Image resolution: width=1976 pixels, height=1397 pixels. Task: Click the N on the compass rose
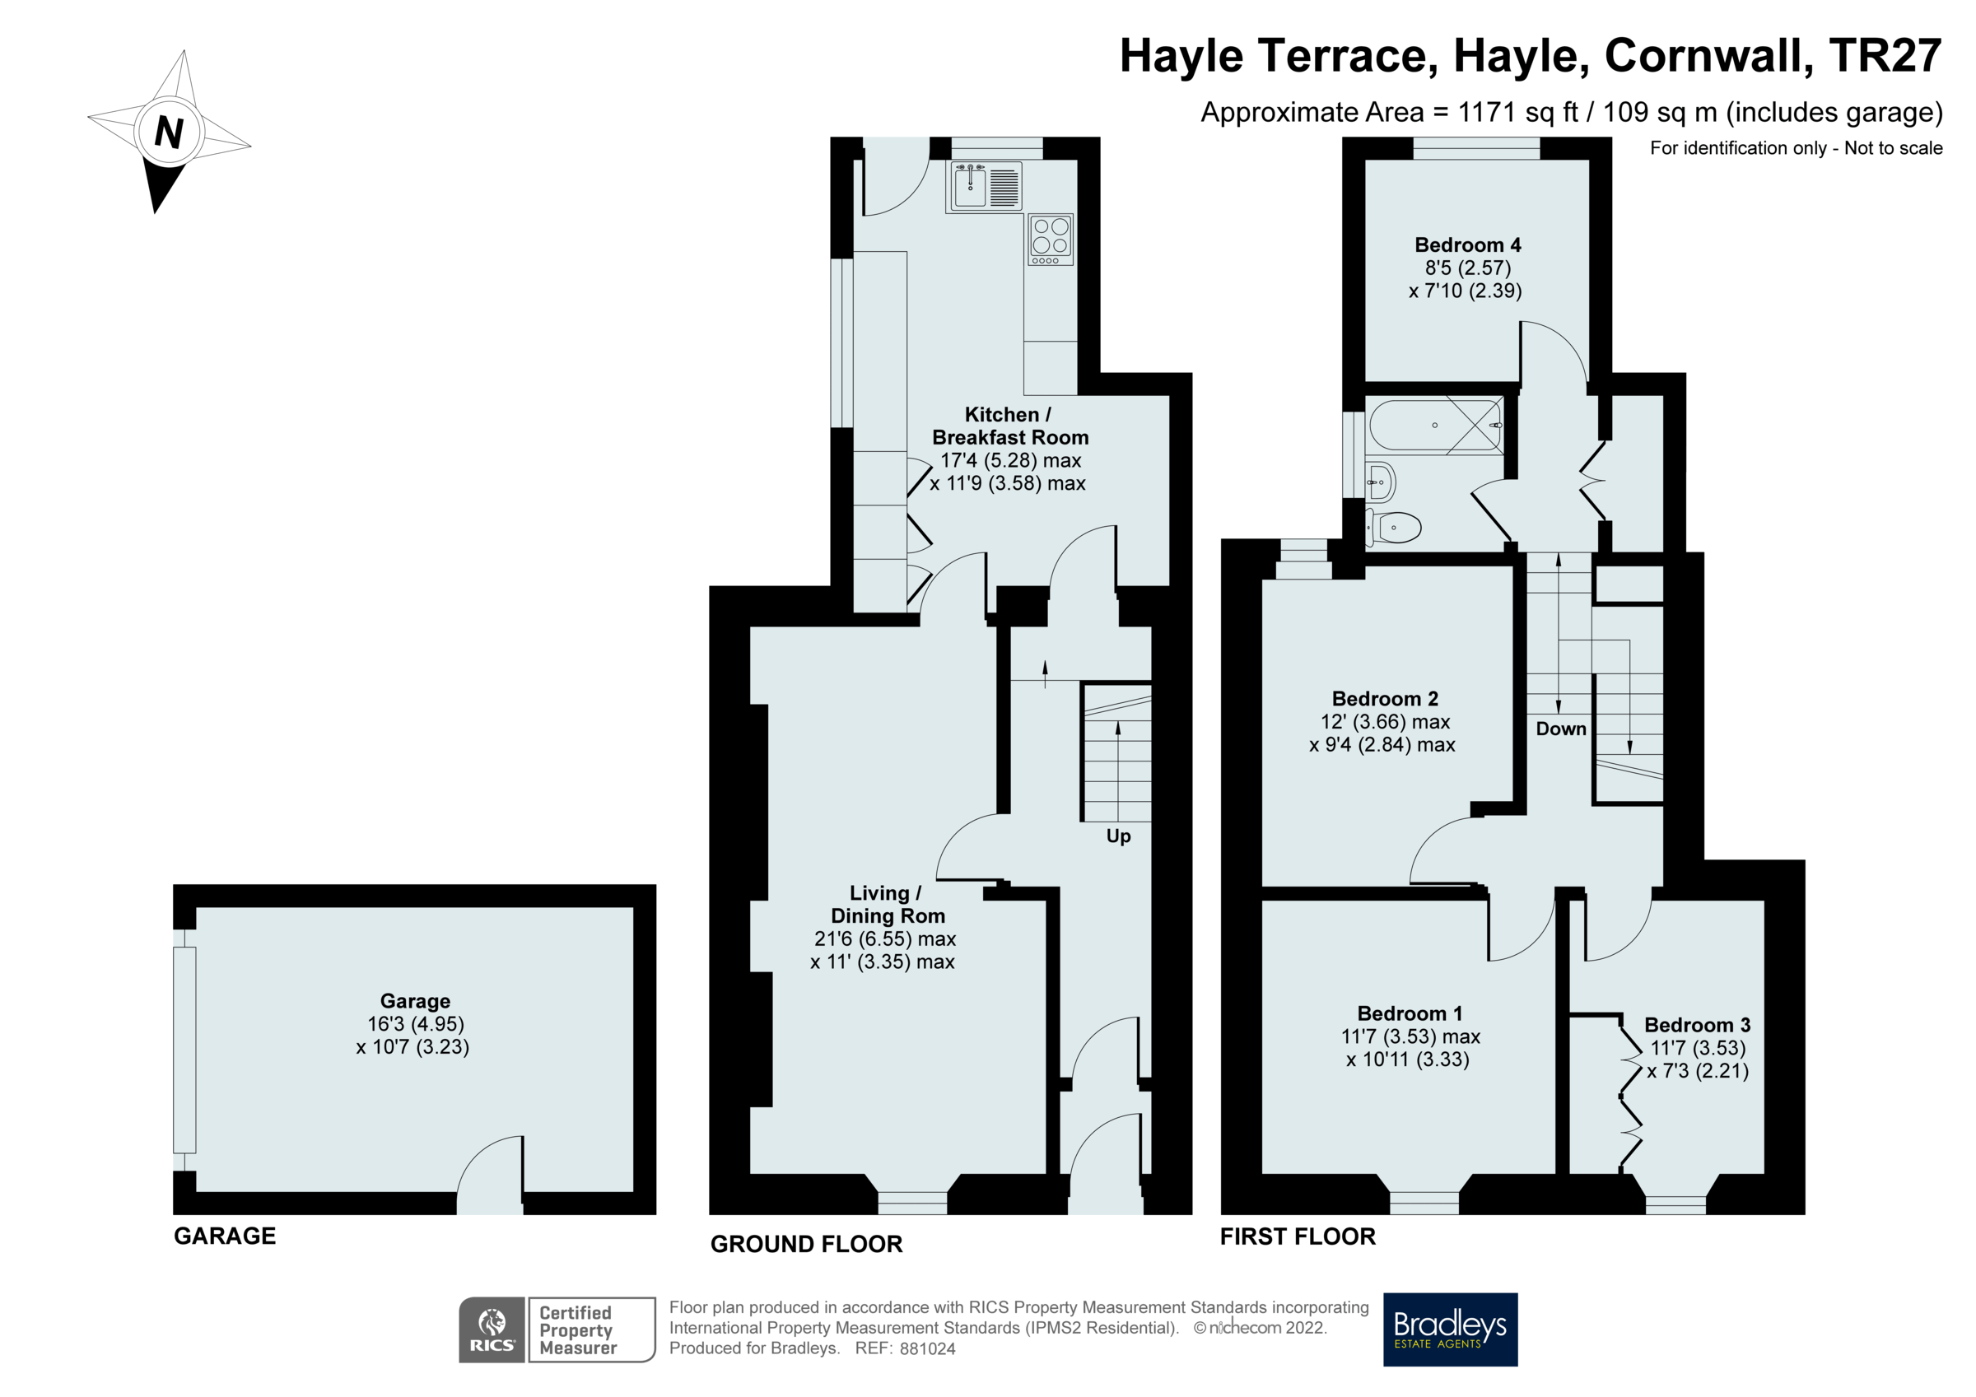(169, 132)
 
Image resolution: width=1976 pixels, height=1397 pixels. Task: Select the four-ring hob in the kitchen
(1050, 239)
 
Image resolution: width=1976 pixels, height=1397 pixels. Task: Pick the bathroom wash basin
(1380, 482)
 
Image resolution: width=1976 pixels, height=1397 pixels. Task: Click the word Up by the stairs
(1118, 836)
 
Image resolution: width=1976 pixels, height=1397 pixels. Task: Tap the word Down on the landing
(1560, 729)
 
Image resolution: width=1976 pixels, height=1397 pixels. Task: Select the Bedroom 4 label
(1467, 245)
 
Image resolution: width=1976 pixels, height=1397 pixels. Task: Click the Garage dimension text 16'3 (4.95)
(416, 1023)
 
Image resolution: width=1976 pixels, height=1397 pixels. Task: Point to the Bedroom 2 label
(1384, 698)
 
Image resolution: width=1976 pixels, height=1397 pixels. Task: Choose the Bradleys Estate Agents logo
(1449, 1329)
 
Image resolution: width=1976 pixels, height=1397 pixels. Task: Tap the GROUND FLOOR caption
(805, 1243)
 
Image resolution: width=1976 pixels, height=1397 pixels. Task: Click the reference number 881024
(927, 1348)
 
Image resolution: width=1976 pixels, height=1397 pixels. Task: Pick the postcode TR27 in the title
(1885, 56)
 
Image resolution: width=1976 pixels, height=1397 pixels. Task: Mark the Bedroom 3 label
(1696, 1024)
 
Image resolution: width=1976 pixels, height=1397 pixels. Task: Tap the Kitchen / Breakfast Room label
(1009, 426)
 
